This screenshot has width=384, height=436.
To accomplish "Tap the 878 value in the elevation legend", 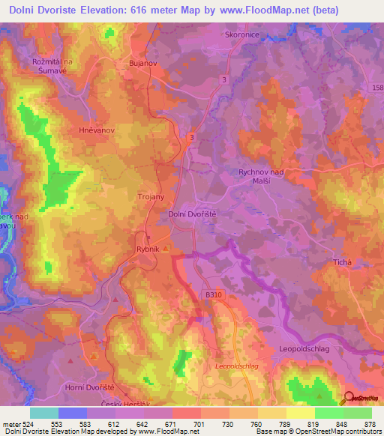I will click(x=370, y=424).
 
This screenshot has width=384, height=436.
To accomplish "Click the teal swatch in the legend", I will click(x=44, y=413).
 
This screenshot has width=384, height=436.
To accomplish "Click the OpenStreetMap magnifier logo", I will click(x=348, y=399).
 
